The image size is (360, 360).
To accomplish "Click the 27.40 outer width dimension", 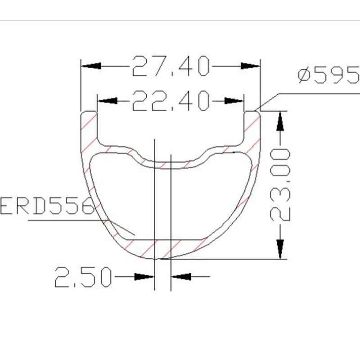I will click(x=171, y=66).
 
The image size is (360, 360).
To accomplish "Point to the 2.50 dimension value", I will click(x=82, y=277).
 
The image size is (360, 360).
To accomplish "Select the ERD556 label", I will click(x=45, y=206).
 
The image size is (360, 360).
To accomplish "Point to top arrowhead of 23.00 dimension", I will click(x=280, y=121).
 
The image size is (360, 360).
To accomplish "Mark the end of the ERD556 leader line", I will click(x=135, y=235).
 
